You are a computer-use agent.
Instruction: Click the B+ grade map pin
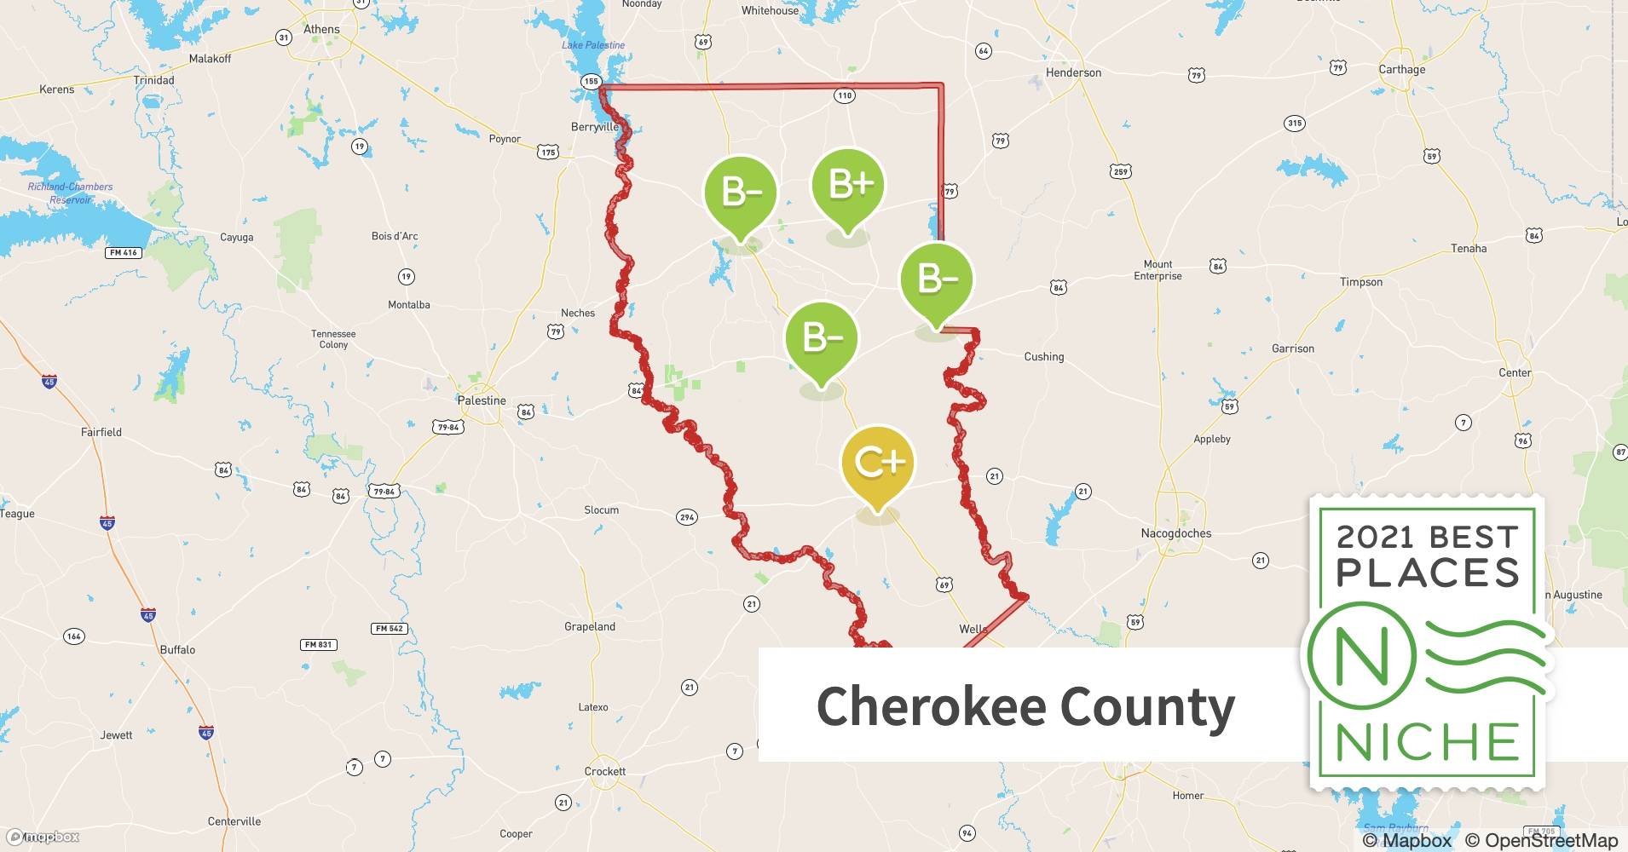point(847,186)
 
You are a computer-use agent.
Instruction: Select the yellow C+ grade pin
point(877,463)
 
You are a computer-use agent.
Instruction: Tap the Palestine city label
point(482,400)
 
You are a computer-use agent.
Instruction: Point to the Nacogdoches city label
point(1175,533)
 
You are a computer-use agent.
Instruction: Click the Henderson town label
point(1073,72)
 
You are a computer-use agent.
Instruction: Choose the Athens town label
point(321,29)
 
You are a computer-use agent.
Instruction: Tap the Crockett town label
point(605,771)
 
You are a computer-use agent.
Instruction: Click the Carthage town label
point(1401,69)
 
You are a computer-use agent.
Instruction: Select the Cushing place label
point(1043,357)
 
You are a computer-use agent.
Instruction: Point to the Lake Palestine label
point(593,45)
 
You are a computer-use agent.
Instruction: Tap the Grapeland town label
point(590,626)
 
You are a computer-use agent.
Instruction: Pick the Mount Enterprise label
point(1157,270)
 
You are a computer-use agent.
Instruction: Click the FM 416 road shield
point(124,252)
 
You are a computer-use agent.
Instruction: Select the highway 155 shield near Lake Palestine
point(592,82)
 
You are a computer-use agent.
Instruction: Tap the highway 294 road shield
point(687,517)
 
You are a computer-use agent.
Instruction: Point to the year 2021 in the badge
point(1377,537)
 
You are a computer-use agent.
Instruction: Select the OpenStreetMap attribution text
point(1541,840)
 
